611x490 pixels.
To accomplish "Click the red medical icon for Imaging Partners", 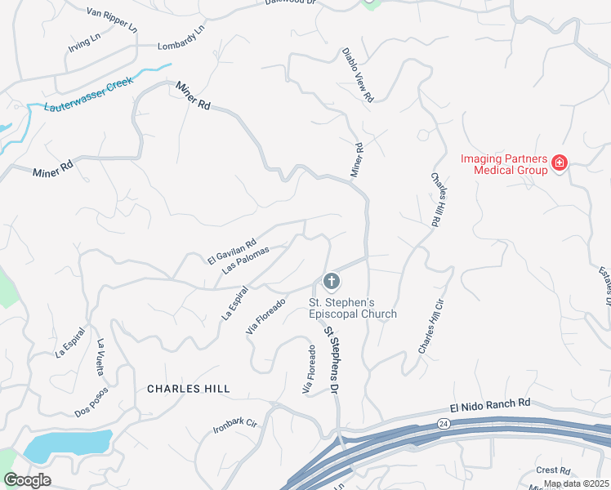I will (x=560, y=163).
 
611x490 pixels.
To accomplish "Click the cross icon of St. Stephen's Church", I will (x=331, y=283).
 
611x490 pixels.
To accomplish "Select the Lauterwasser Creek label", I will (x=88, y=96).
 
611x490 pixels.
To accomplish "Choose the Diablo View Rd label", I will (x=358, y=74).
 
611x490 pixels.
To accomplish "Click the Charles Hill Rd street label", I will (x=440, y=200).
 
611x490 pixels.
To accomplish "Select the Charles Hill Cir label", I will (x=430, y=326).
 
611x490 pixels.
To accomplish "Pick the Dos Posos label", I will (x=91, y=401).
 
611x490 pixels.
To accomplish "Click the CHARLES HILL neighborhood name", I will (x=188, y=389).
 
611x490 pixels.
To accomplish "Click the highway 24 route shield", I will (x=442, y=423).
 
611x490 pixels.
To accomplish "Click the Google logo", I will (x=27, y=479).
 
